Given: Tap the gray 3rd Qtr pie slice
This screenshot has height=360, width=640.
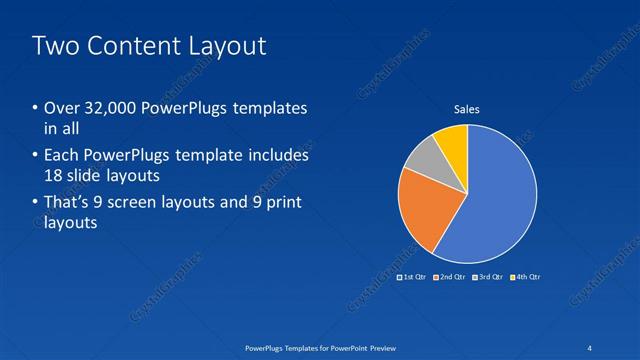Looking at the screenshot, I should [423, 154].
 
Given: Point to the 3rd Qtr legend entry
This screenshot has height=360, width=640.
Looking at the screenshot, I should [488, 276].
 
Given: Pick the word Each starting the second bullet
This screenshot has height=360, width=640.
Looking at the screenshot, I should [61, 156].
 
